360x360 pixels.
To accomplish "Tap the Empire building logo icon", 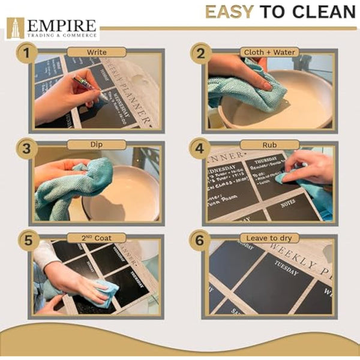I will [x=15, y=28].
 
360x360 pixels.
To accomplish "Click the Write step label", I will [x=96, y=52].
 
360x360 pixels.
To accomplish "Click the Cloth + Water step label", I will [x=269, y=52].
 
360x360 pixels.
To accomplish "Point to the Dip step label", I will [x=96, y=145].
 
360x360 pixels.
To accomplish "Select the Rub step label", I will [x=269, y=145].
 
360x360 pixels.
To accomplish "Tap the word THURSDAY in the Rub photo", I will [x=265, y=161].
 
